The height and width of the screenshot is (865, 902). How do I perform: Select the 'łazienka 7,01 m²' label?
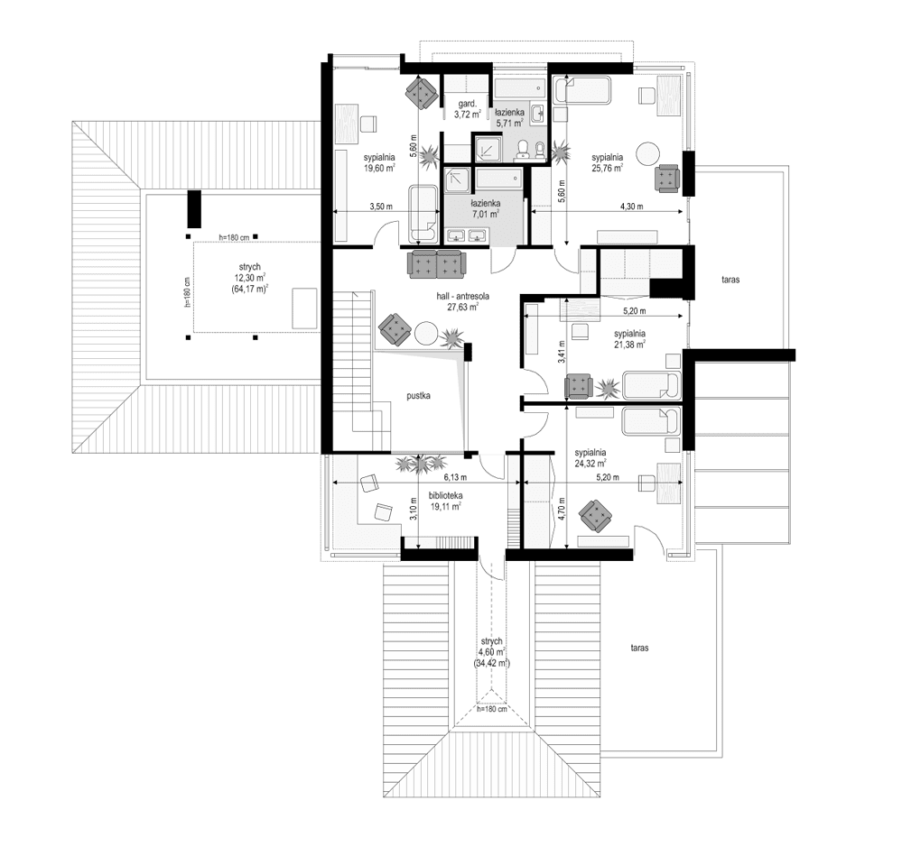click(x=485, y=209)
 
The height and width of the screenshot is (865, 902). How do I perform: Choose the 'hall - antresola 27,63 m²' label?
click(x=461, y=300)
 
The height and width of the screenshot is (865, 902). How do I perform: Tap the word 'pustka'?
click(x=418, y=395)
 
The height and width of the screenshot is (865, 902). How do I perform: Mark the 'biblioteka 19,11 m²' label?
click(x=446, y=502)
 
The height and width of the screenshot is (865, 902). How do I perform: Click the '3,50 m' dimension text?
click(x=381, y=207)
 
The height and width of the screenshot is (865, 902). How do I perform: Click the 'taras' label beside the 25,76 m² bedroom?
click(x=730, y=281)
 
